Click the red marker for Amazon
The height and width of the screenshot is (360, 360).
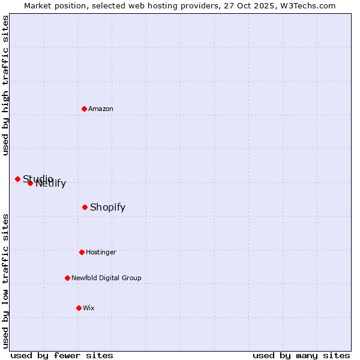pos(84,109)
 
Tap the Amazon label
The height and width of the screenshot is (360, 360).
pos(101,109)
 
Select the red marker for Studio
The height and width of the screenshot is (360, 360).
pos(17,179)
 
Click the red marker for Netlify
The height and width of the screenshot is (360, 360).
pos(30,183)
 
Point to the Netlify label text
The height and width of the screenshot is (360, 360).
pos(52,184)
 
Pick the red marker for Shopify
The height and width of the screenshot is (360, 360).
pos(85,207)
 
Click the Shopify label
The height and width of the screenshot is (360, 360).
pos(108,208)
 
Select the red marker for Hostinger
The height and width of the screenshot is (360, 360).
pos(82,252)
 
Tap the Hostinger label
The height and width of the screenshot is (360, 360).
pos(101,252)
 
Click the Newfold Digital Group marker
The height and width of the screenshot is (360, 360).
pos(67,278)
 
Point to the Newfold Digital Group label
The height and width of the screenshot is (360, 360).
pos(106,278)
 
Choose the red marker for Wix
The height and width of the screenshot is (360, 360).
pos(79,308)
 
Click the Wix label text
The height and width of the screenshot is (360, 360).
pos(89,308)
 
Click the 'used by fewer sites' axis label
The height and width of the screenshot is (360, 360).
pos(62,355)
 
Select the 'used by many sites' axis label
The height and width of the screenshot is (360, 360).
pos(301,355)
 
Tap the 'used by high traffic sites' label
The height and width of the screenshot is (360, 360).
pos(6,85)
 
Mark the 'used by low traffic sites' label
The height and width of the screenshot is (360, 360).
pos(6,280)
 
